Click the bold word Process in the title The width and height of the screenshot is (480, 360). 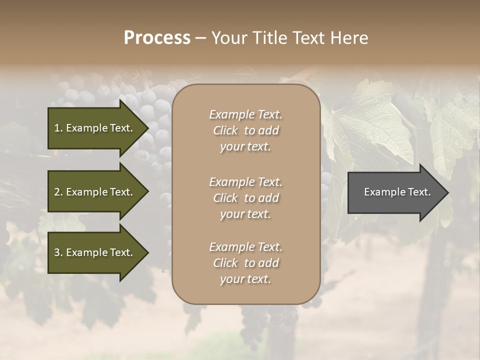point(157,38)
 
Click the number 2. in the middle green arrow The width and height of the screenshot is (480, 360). point(58,192)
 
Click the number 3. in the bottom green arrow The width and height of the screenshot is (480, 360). point(58,252)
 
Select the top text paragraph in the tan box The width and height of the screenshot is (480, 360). point(245,130)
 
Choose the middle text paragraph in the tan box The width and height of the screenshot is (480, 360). point(245,198)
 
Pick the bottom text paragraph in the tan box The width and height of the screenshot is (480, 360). point(245,263)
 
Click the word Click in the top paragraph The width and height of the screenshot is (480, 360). point(225,130)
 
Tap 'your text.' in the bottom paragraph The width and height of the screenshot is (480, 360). point(245,279)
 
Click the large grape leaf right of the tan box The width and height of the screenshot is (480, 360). point(370,125)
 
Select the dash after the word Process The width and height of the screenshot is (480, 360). point(200,38)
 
